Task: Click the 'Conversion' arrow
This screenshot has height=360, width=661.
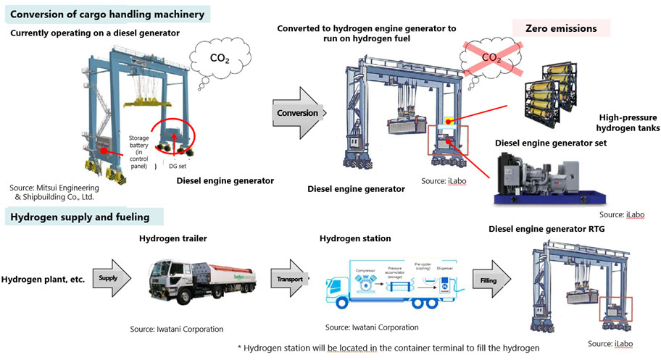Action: pyautogui.click(x=299, y=114)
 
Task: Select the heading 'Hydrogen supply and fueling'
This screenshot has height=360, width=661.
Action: pyautogui.click(x=80, y=216)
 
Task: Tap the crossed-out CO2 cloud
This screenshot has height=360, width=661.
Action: pyautogui.click(x=491, y=56)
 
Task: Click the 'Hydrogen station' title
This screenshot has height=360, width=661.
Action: pyautogui.click(x=355, y=238)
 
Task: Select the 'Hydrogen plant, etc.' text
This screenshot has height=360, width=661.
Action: pyautogui.click(x=41, y=278)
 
